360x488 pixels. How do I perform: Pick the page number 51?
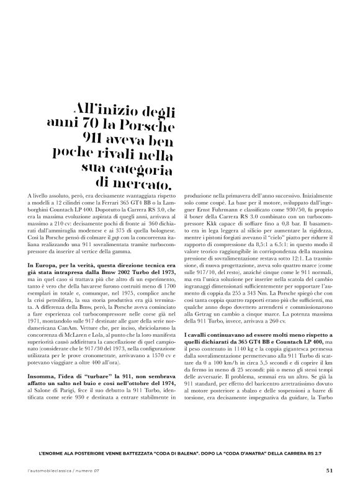329,470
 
